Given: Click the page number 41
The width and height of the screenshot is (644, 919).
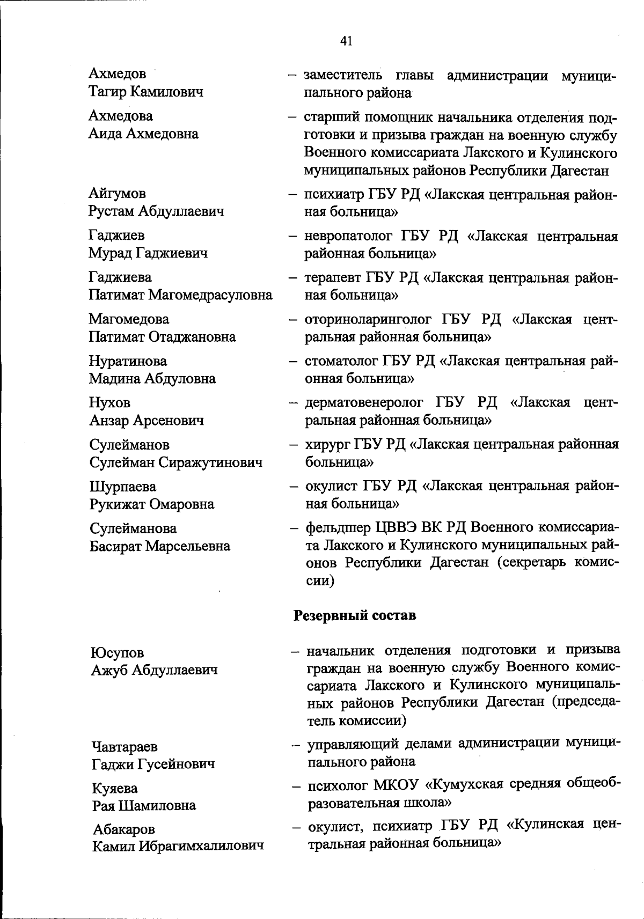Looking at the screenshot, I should [346, 41].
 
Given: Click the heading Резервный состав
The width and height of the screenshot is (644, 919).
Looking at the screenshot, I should [355, 615].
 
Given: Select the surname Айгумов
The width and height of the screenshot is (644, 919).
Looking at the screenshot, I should [117, 194].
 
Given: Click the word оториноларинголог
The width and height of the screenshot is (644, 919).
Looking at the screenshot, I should [368, 320].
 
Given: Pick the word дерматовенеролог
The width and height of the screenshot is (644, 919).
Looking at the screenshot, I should [364, 403].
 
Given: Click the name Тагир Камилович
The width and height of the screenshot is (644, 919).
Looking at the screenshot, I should [146, 92].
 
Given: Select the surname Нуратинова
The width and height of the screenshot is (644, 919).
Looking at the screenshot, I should [128, 362].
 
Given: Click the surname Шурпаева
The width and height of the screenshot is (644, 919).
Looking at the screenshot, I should [123, 487].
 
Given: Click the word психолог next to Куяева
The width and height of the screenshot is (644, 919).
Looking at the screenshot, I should [336, 785].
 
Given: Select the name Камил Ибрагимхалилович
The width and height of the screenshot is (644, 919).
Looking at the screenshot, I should [178, 847].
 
